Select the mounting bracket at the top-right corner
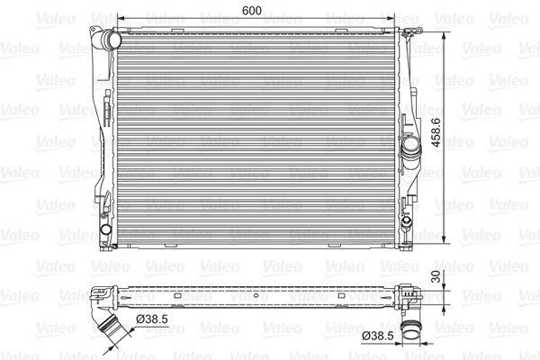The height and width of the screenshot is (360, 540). [413, 32]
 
